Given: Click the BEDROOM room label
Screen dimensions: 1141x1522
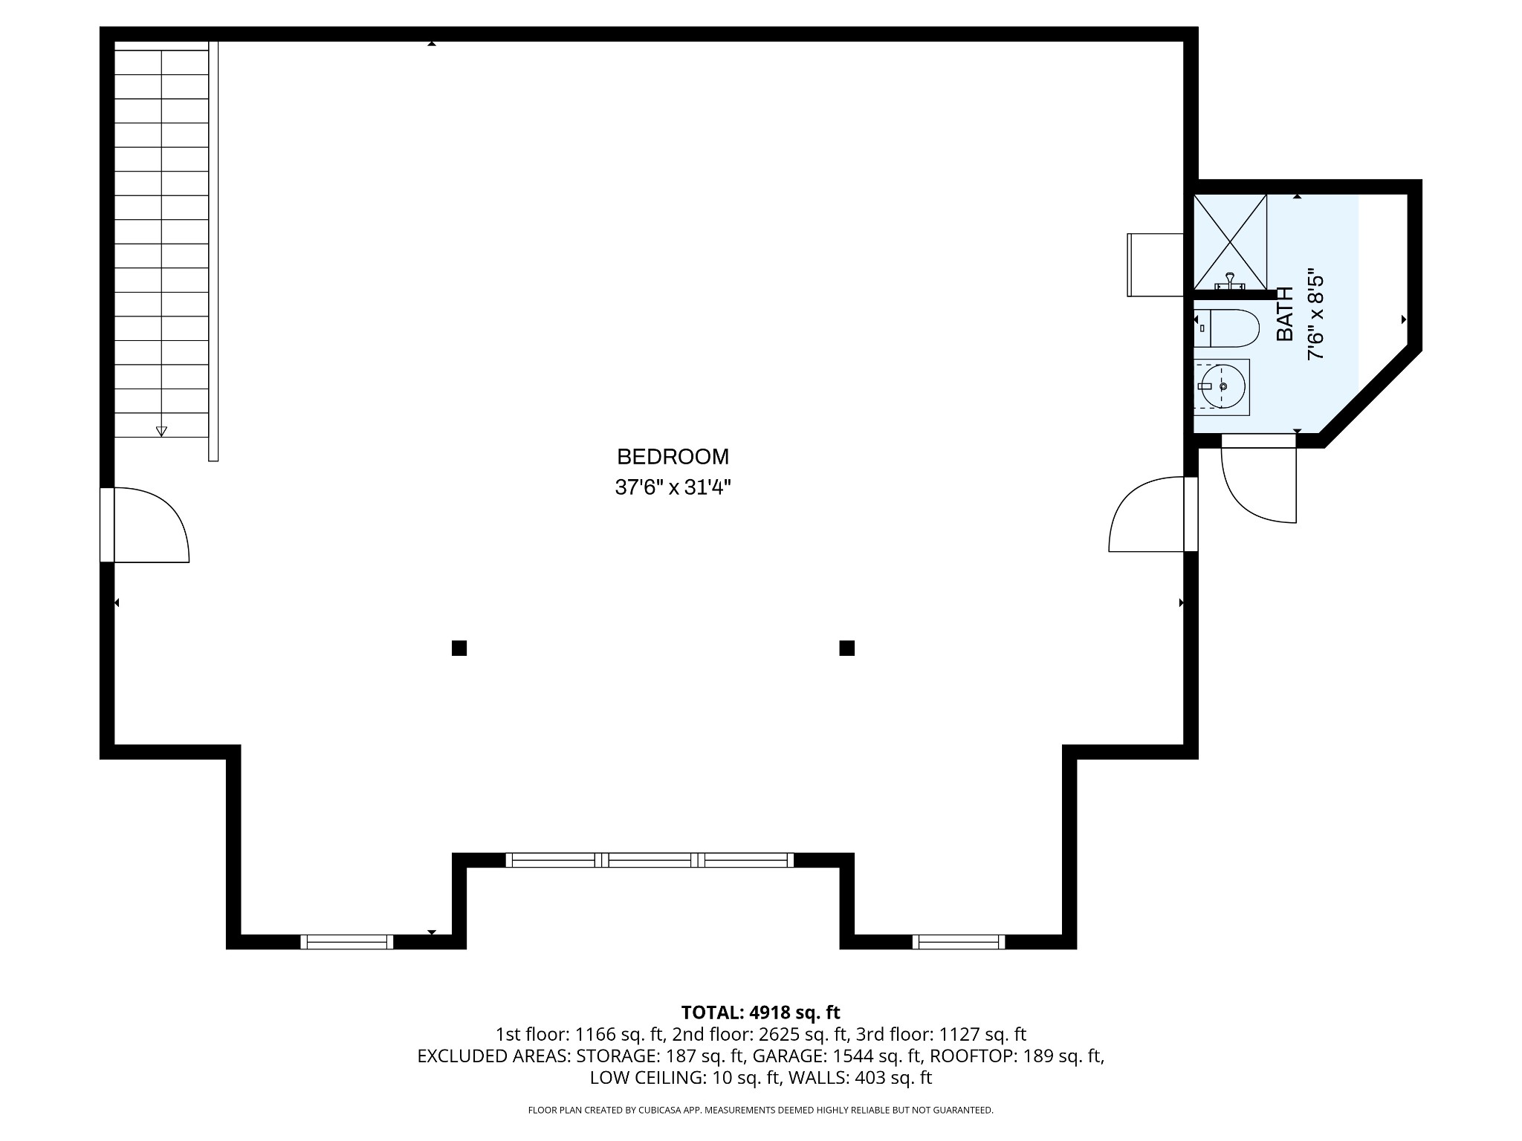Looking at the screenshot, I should click(x=673, y=456).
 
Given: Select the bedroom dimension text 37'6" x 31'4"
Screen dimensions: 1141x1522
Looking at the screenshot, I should click(x=673, y=488).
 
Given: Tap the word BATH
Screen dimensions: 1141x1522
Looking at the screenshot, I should click(x=1285, y=314).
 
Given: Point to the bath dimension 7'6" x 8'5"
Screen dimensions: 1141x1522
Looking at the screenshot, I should click(x=1316, y=314).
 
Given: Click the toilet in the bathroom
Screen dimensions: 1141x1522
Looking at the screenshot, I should click(x=1230, y=328).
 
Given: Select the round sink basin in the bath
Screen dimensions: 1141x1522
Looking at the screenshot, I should click(x=1223, y=387).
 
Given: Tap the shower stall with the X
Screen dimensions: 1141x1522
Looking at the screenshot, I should click(x=1230, y=241).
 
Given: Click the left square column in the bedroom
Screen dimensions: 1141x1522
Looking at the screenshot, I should click(x=459, y=648).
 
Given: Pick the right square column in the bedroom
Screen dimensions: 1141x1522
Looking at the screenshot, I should click(x=846, y=648).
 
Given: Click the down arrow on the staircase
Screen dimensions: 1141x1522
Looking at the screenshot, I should click(x=161, y=431).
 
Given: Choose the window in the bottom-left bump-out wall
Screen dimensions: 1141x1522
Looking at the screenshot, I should click(x=346, y=942).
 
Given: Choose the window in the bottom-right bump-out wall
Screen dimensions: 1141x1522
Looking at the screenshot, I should click(x=959, y=942).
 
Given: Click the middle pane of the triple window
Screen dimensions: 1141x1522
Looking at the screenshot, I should click(x=650, y=860).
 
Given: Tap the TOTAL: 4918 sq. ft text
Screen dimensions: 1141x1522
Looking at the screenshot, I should click(x=760, y=1012).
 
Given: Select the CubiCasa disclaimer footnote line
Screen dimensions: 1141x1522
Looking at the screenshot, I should click(x=760, y=1110).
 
